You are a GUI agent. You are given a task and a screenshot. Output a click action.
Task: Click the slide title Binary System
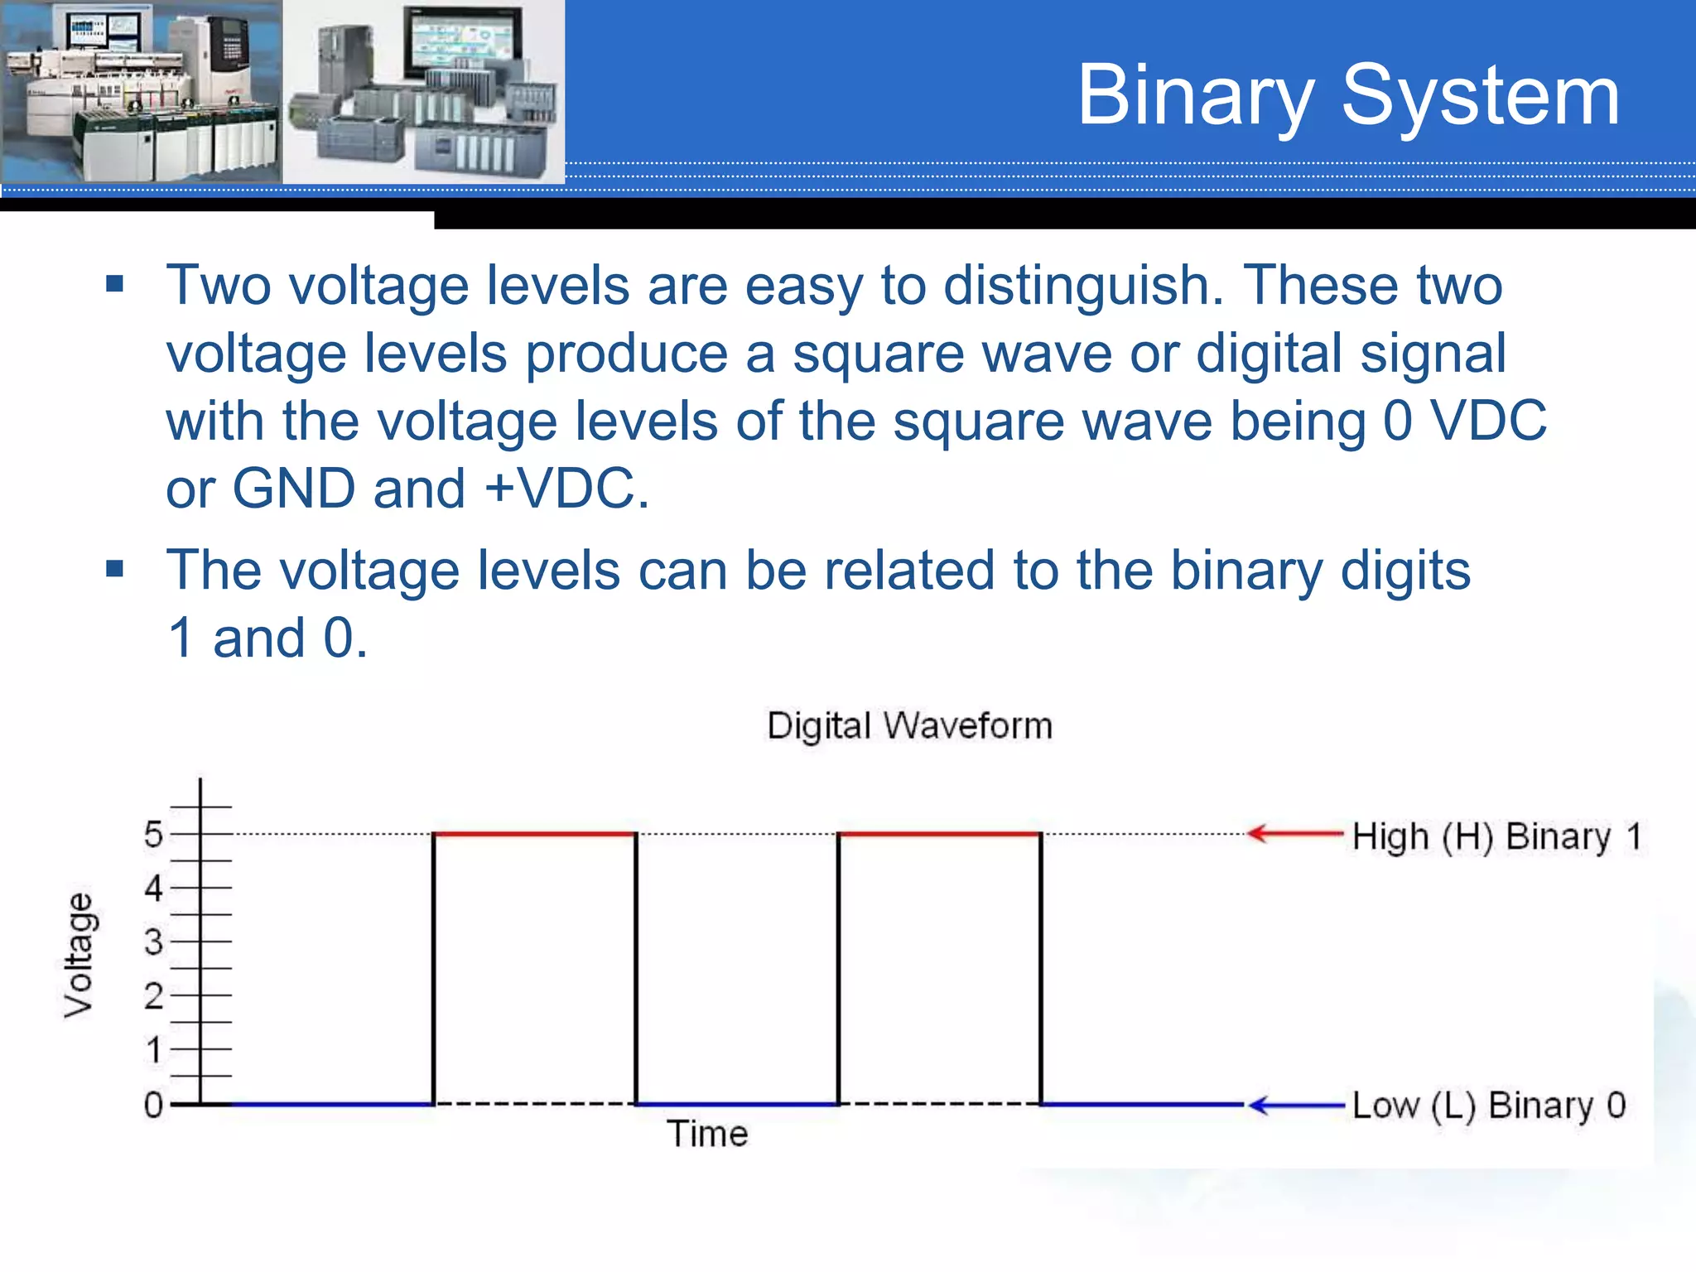1347,96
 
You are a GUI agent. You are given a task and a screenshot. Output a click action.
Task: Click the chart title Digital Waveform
909,726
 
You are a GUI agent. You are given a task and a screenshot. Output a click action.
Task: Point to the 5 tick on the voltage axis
154,834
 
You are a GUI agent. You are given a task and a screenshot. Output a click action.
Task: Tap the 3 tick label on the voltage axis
154,942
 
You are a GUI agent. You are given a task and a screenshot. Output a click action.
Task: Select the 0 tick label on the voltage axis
154,1105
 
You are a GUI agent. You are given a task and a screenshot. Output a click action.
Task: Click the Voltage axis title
79,955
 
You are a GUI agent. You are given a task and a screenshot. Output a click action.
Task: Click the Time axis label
707,1134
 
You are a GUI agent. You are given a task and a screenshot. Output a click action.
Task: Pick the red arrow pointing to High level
1294,834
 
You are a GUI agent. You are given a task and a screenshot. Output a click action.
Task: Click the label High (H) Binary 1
1496,836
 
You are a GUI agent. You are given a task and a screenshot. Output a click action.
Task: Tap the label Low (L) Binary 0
1489,1106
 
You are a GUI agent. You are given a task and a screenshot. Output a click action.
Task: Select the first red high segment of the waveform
535,834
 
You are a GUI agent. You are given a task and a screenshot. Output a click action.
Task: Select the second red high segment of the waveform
939,834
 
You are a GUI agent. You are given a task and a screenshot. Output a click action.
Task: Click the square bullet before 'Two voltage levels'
115,285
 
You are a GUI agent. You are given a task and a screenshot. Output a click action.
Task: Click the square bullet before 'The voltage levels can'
115,569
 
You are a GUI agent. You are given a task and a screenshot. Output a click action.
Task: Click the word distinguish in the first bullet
1082,286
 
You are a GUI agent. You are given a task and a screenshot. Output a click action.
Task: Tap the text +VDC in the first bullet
566,489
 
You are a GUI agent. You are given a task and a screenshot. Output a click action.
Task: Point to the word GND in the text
294,489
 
